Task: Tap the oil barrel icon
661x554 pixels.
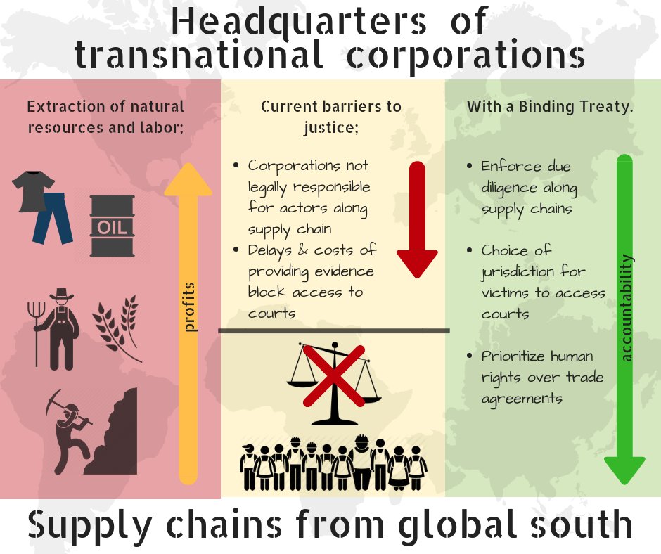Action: (112, 226)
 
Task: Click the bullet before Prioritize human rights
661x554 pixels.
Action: (469, 356)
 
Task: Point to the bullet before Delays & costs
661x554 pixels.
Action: (236, 250)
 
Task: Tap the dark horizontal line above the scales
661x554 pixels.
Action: (334, 330)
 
